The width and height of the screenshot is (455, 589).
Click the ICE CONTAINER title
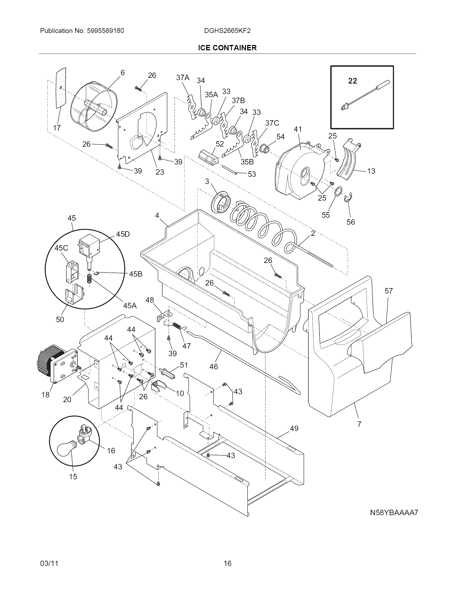pyautogui.click(x=227, y=48)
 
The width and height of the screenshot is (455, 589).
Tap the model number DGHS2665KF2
pyautogui.click(x=227, y=31)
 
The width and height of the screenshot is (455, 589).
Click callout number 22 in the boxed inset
pyautogui.click(x=352, y=81)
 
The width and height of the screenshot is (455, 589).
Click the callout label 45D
pyautogui.click(x=123, y=234)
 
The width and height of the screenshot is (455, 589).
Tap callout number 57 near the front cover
pyautogui.click(x=388, y=291)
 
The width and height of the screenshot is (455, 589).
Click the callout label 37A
pyautogui.click(x=183, y=78)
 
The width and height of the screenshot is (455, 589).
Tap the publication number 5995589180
pyautogui.click(x=105, y=31)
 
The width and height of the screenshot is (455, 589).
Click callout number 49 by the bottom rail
pyautogui.click(x=294, y=428)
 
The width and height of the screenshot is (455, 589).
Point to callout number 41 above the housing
pyautogui.click(x=298, y=129)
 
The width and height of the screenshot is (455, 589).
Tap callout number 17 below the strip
pyautogui.click(x=56, y=127)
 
